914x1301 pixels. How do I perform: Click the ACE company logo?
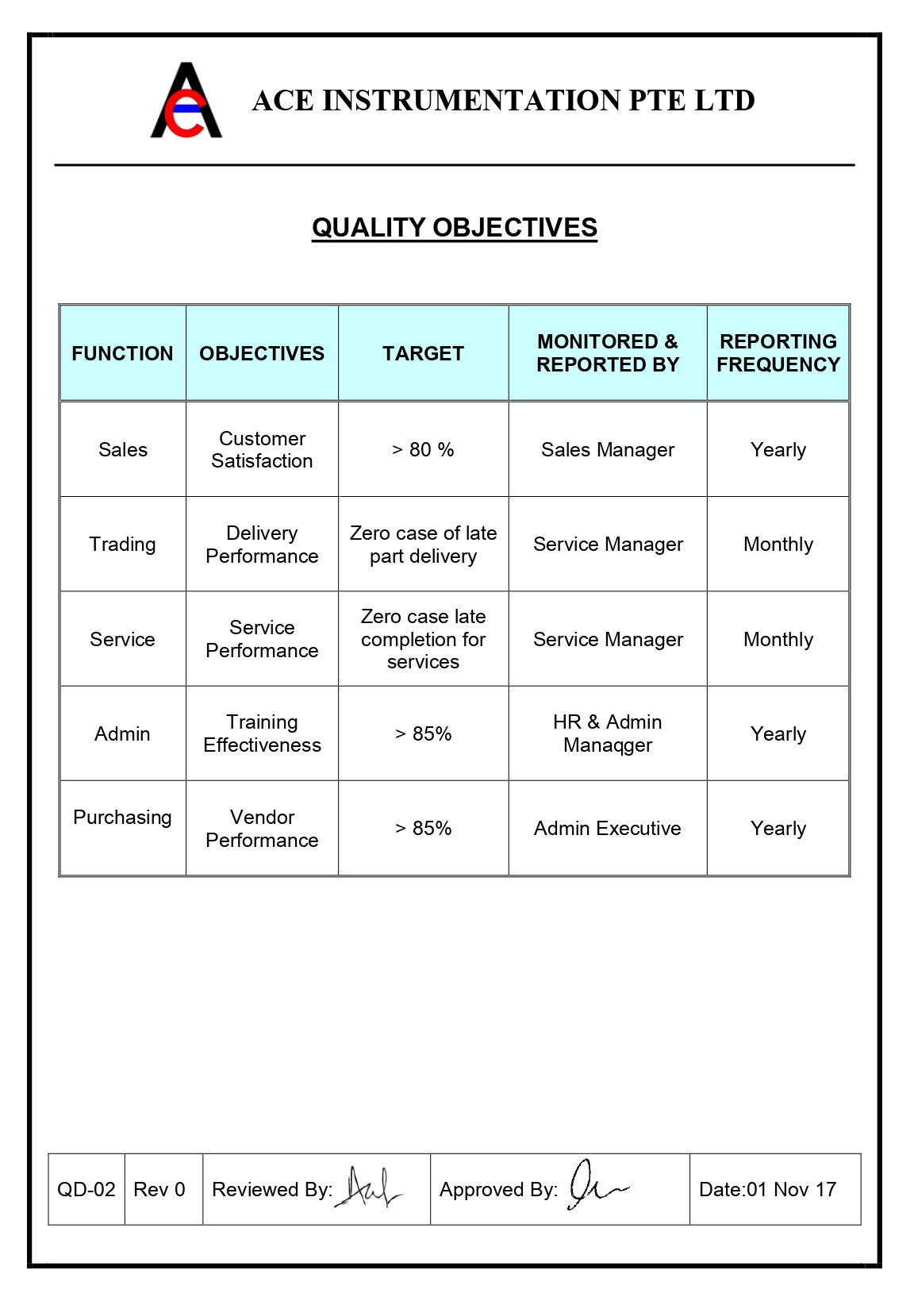coord(186,102)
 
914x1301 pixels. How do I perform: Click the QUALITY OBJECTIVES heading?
coord(454,228)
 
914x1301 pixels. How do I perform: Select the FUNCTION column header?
coord(122,353)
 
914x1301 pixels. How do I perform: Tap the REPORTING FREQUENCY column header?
coord(778,353)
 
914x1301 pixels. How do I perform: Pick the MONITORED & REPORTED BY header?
coord(608,353)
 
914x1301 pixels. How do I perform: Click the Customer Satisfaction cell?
coord(262,450)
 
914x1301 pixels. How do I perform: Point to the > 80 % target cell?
coord(423,450)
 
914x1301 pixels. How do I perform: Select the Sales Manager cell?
coord(608,450)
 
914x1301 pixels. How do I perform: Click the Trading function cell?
coord(122,545)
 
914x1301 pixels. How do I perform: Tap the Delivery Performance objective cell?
coord(262,545)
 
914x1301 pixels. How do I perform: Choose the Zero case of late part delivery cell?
coord(423,545)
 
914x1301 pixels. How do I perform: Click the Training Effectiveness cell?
coord(262,733)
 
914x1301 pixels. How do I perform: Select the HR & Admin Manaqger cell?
coord(608,733)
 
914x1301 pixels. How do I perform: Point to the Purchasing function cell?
coord(122,818)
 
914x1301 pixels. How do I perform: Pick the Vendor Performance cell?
coord(262,829)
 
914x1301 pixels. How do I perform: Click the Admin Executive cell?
coord(608,829)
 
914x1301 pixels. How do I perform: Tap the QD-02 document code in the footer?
coord(86,1190)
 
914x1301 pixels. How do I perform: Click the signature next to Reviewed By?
coord(370,1188)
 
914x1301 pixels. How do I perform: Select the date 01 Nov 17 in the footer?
coord(767,1190)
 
